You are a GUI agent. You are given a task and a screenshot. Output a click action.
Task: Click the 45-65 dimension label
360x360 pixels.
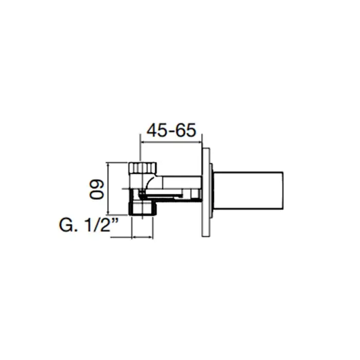(x=171, y=130)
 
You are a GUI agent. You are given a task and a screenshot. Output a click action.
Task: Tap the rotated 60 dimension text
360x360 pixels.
(x=97, y=189)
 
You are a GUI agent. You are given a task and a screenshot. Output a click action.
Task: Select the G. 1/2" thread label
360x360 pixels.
(x=89, y=225)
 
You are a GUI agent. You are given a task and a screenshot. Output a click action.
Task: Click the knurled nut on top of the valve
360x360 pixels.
(x=142, y=168)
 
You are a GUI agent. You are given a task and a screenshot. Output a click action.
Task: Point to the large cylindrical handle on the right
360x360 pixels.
(x=248, y=190)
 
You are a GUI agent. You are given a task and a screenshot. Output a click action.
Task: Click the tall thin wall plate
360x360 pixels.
(x=206, y=192)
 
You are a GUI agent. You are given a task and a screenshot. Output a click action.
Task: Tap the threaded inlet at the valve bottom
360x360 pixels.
(x=142, y=208)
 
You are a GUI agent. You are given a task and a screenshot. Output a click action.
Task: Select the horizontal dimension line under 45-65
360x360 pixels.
(x=171, y=142)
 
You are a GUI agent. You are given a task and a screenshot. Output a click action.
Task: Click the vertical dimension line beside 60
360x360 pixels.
(x=108, y=189)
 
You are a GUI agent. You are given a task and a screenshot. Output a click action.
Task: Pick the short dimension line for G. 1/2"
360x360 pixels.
(x=142, y=237)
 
